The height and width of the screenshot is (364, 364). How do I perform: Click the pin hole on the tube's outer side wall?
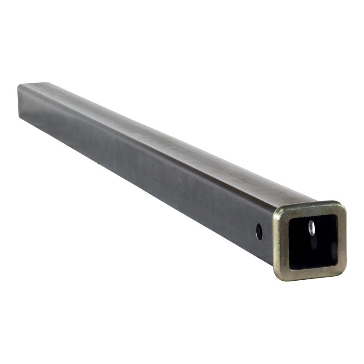point(259,232)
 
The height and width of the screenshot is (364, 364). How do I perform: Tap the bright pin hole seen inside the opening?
point(312,227)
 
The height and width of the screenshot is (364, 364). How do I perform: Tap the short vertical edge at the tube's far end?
point(19,102)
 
